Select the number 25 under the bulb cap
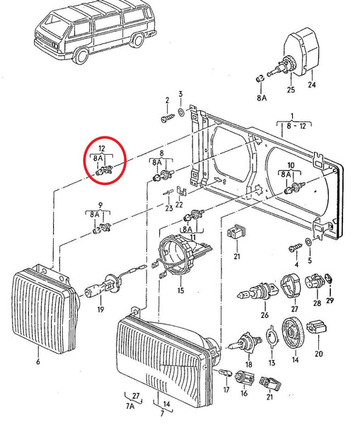(290, 90)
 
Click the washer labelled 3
(182, 112)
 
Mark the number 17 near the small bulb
(226, 389)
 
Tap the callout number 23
(168, 208)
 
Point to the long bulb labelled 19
(99, 288)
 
